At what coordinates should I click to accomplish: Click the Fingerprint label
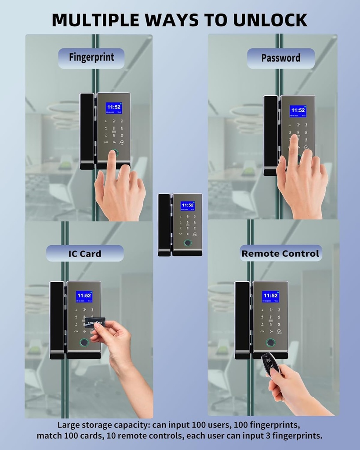91,58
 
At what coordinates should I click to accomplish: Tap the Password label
280,58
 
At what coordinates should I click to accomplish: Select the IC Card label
84,254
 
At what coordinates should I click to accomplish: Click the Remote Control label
280,254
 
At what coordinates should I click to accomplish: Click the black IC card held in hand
95,322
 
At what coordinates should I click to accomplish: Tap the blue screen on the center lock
187,206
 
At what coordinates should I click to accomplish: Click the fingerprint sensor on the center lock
188,243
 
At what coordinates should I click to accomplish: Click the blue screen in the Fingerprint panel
113,108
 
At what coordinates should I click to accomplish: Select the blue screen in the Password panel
298,111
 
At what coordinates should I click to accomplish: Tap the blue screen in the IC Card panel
84,297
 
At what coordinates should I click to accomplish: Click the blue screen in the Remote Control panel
270,296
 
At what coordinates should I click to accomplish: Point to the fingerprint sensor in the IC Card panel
84,343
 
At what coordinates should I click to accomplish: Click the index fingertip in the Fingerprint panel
113,155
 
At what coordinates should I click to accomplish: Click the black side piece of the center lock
164,224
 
